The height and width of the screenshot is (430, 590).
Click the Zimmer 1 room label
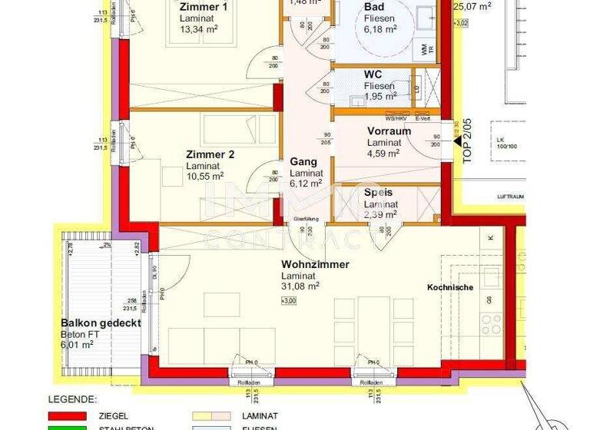(204, 7)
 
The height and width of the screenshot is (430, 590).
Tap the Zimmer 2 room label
(210, 154)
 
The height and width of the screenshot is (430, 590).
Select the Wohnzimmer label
(315, 264)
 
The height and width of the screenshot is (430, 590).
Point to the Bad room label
(375, 7)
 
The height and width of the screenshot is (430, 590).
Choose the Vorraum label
(389, 131)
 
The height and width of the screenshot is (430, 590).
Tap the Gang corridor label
(303, 163)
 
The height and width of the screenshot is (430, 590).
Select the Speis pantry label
(378, 193)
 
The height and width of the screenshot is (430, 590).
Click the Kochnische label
(451, 287)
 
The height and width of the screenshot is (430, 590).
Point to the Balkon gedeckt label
(101, 323)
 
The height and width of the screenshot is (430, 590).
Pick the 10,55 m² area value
(205, 176)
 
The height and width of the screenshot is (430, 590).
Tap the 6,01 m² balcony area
(77, 345)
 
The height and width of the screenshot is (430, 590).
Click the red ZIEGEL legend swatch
(67, 415)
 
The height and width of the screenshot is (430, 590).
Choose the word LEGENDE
(73, 400)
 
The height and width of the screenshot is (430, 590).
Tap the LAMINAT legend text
(259, 415)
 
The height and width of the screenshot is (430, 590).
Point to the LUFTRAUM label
(509, 197)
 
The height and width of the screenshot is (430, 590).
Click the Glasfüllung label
(306, 219)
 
